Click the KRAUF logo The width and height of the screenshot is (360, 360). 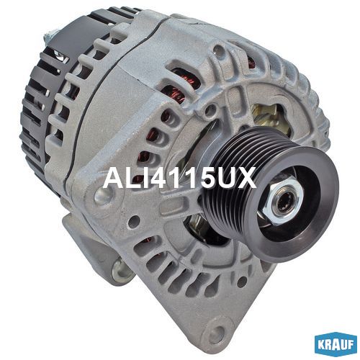click(x=336, y=345)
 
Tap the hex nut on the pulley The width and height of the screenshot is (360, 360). click(x=284, y=202)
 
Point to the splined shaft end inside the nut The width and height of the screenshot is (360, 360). click(x=286, y=203)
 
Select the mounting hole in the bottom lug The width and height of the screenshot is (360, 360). click(x=217, y=333)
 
